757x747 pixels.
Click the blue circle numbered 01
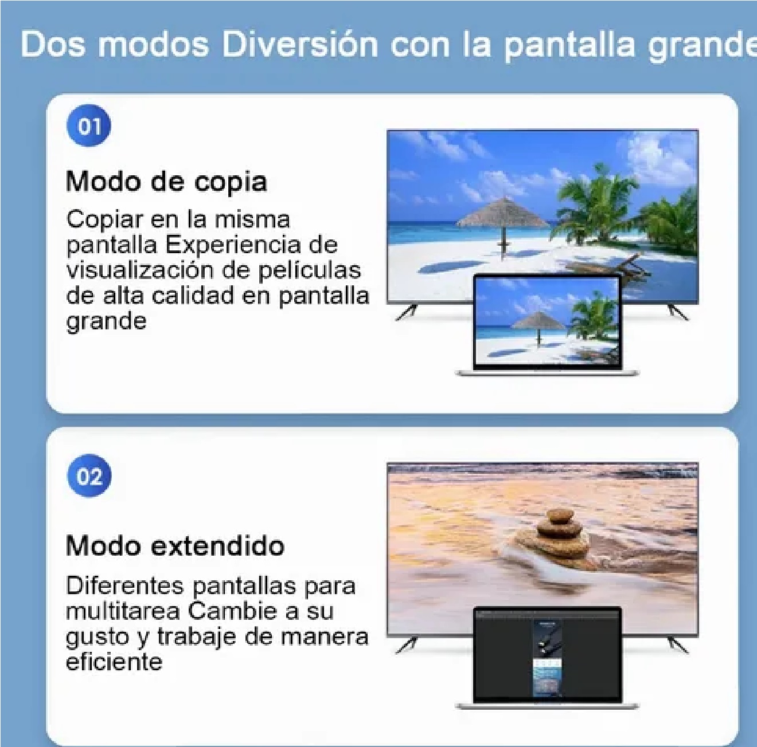89,126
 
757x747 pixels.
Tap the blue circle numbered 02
89,476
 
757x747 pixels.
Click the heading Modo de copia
166,182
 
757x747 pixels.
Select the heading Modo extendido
175,545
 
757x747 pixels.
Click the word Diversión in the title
299,44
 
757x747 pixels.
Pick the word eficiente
114,662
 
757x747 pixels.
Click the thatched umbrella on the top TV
502,215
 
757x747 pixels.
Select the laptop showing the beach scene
547,325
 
